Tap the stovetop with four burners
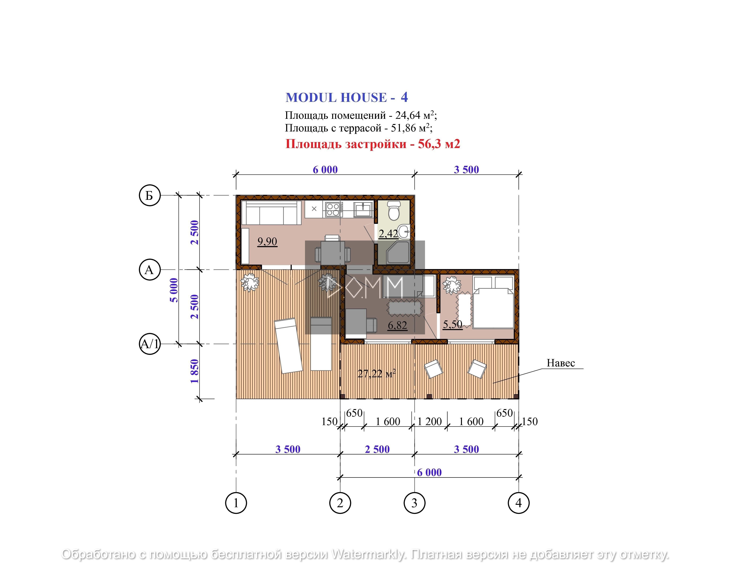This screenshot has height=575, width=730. (x=332, y=209)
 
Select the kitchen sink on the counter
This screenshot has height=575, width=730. (x=363, y=209)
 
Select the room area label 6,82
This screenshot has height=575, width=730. (x=397, y=325)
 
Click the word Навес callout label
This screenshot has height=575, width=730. (x=561, y=363)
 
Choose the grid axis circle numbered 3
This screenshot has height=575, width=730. (x=414, y=503)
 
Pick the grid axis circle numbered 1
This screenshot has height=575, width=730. (x=236, y=503)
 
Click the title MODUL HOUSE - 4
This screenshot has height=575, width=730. (x=347, y=97)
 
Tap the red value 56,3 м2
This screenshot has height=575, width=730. (x=439, y=144)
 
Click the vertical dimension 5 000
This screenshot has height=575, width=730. (x=174, y=290)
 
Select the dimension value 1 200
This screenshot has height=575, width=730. (x=430, y=422)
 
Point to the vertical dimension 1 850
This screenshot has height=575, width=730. (x=194, y=371)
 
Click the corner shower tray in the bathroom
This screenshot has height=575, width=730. (x=398, y=252)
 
